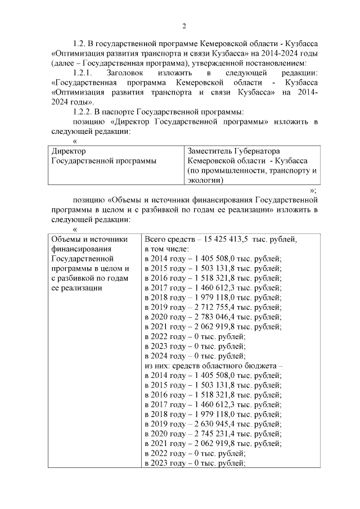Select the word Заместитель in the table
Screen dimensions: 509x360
(211, 151)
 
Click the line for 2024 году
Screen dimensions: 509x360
(195, 355)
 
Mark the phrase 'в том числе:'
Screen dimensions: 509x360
(166, 249)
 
